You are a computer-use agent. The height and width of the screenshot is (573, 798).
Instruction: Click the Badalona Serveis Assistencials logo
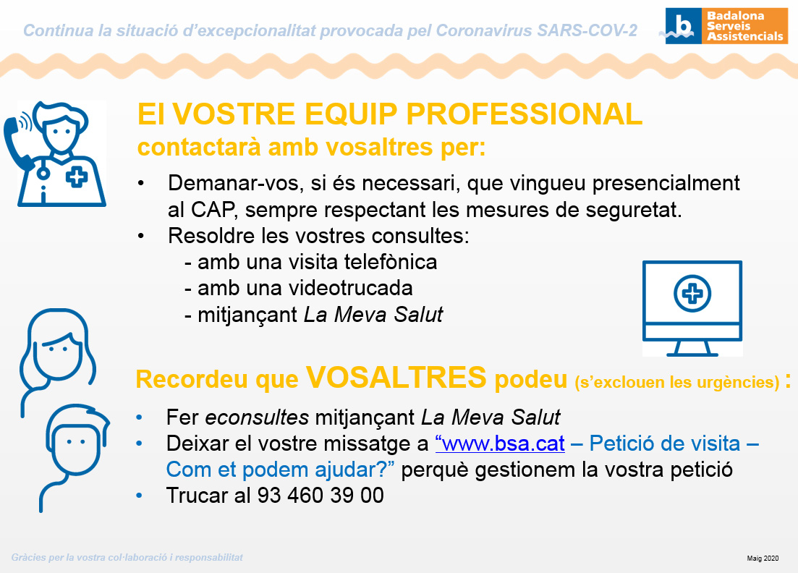726,25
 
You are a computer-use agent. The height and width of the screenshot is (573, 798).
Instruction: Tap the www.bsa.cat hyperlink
500,443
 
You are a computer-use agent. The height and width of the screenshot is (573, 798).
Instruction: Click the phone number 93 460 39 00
321,496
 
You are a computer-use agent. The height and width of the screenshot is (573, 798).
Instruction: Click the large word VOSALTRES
396,377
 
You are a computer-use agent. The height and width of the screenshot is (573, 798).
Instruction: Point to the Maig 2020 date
763,559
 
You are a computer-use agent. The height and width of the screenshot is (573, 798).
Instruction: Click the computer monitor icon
692,308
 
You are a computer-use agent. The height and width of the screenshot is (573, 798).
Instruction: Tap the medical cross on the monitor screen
692,294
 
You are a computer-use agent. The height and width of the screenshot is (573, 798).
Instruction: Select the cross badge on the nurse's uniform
77,177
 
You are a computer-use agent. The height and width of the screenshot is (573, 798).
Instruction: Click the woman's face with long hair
57,351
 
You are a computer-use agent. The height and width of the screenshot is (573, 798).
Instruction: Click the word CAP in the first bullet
213,210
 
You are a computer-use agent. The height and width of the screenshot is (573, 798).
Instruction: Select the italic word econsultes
257,417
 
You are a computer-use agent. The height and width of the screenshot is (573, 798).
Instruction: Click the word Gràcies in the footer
28,558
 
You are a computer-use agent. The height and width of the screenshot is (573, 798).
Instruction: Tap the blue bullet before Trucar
139,495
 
